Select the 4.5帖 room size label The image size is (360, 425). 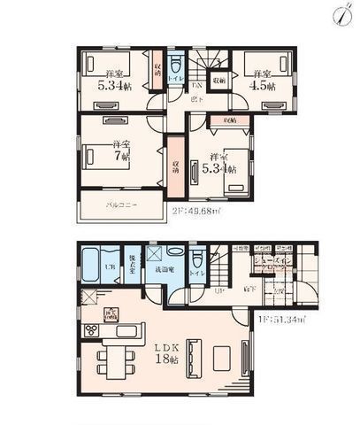(x=263, y=86)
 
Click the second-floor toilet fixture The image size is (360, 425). (x=177, y=67)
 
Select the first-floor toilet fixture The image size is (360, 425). (x=197, y=265)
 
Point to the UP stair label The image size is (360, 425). (x=218, y=289)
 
